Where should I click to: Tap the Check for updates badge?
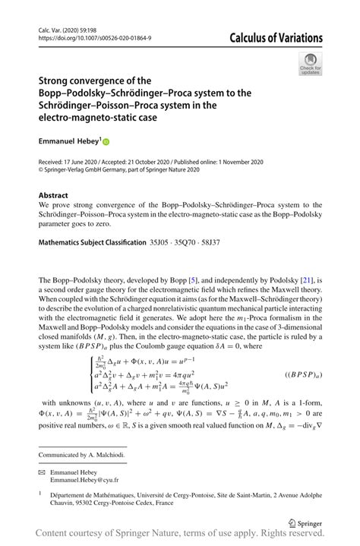pos(311,65)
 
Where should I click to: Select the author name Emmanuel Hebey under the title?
pos(69,141)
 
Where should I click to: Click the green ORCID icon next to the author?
pos(106,141)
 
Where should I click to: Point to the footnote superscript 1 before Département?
pos(40,493)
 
